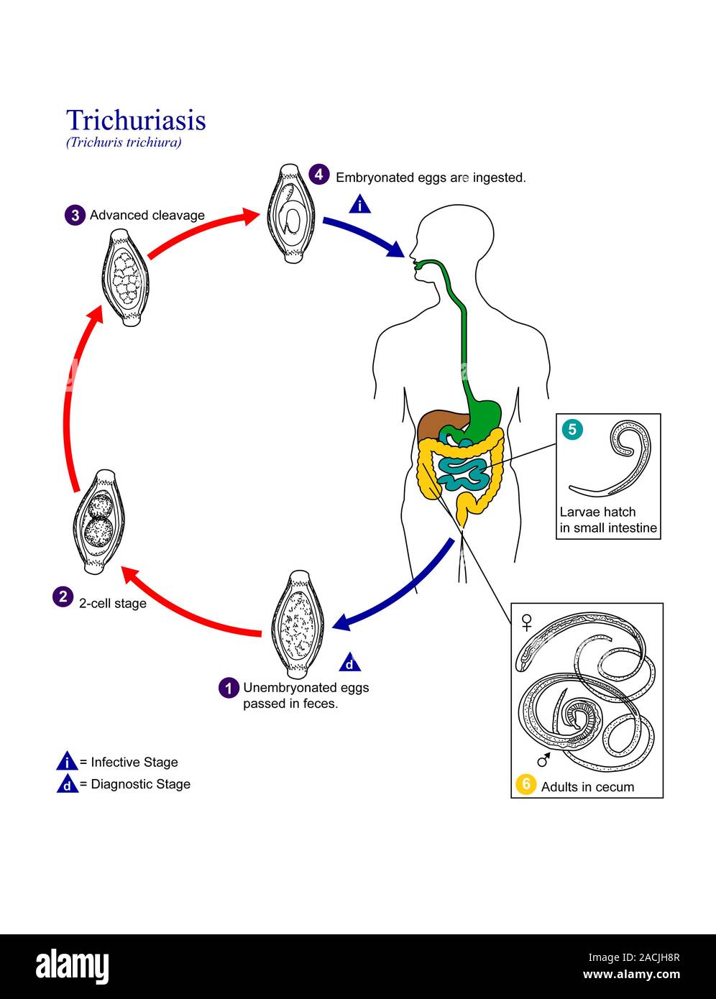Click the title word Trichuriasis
pos(136,120)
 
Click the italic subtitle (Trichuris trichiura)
pos(124,142)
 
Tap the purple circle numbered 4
pos(319,175)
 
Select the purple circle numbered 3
pos(74,215)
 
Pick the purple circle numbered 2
pos(63,597)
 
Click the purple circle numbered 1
pos(229,688)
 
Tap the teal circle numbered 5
pos(572,430)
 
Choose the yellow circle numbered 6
pos(525,785)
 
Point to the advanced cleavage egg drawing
pos(126,277)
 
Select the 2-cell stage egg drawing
pos(99,521)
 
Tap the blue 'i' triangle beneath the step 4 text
pos(359,206)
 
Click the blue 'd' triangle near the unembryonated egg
pos(349,663)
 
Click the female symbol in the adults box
pos(527,621)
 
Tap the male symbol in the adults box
pos(543,759)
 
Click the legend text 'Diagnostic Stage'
pos(140,784)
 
